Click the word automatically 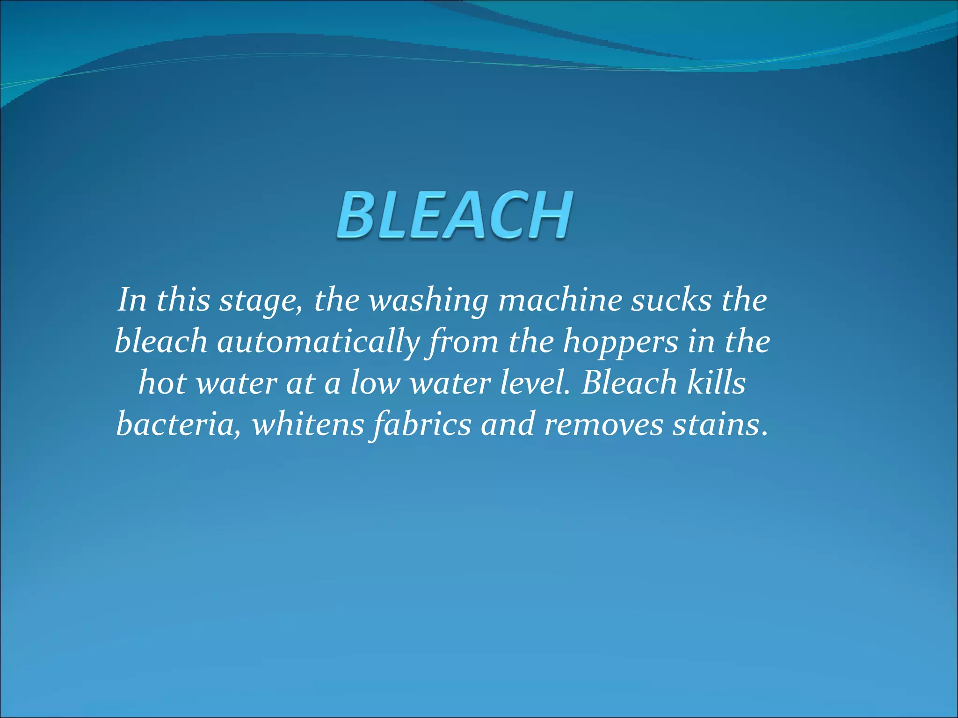point(318,342)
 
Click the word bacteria point(178,424)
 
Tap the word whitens point(308,424)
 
